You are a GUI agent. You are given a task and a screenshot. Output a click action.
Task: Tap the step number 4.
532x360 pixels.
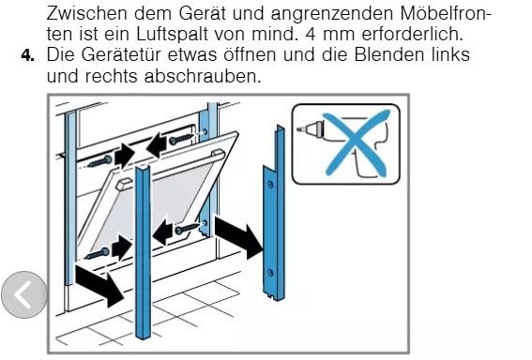click(27, 55)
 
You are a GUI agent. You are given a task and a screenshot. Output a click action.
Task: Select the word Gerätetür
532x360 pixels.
click(121, 54)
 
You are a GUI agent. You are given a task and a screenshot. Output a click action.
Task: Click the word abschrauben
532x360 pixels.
click(203, 76)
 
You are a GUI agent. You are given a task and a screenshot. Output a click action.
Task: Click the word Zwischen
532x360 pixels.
click(87, 13)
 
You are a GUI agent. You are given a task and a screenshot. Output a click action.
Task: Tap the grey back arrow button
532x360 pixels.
click(24, 294)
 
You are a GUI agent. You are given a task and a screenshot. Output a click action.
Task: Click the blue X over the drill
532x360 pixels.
click(356, 143)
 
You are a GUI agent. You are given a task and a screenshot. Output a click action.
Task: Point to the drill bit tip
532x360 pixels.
click(298, 129)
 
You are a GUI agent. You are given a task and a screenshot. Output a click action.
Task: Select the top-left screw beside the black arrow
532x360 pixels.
click(99, 161)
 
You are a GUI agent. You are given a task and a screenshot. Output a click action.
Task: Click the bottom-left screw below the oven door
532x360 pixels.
click(97, 254)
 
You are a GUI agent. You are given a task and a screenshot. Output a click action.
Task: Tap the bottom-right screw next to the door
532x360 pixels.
click(188, 229)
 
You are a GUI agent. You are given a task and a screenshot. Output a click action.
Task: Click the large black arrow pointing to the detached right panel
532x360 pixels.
click(239, 237)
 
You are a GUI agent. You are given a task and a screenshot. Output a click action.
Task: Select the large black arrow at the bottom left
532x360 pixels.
click(99, 285)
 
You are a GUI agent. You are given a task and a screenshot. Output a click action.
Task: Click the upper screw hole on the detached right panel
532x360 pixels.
click(270, 185)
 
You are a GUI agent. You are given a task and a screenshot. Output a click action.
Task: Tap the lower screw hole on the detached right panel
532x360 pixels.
click(270, 273)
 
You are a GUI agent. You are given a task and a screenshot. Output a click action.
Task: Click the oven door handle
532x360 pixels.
click(170, 169)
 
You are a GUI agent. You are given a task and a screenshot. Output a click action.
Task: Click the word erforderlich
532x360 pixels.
click(413, 34)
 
